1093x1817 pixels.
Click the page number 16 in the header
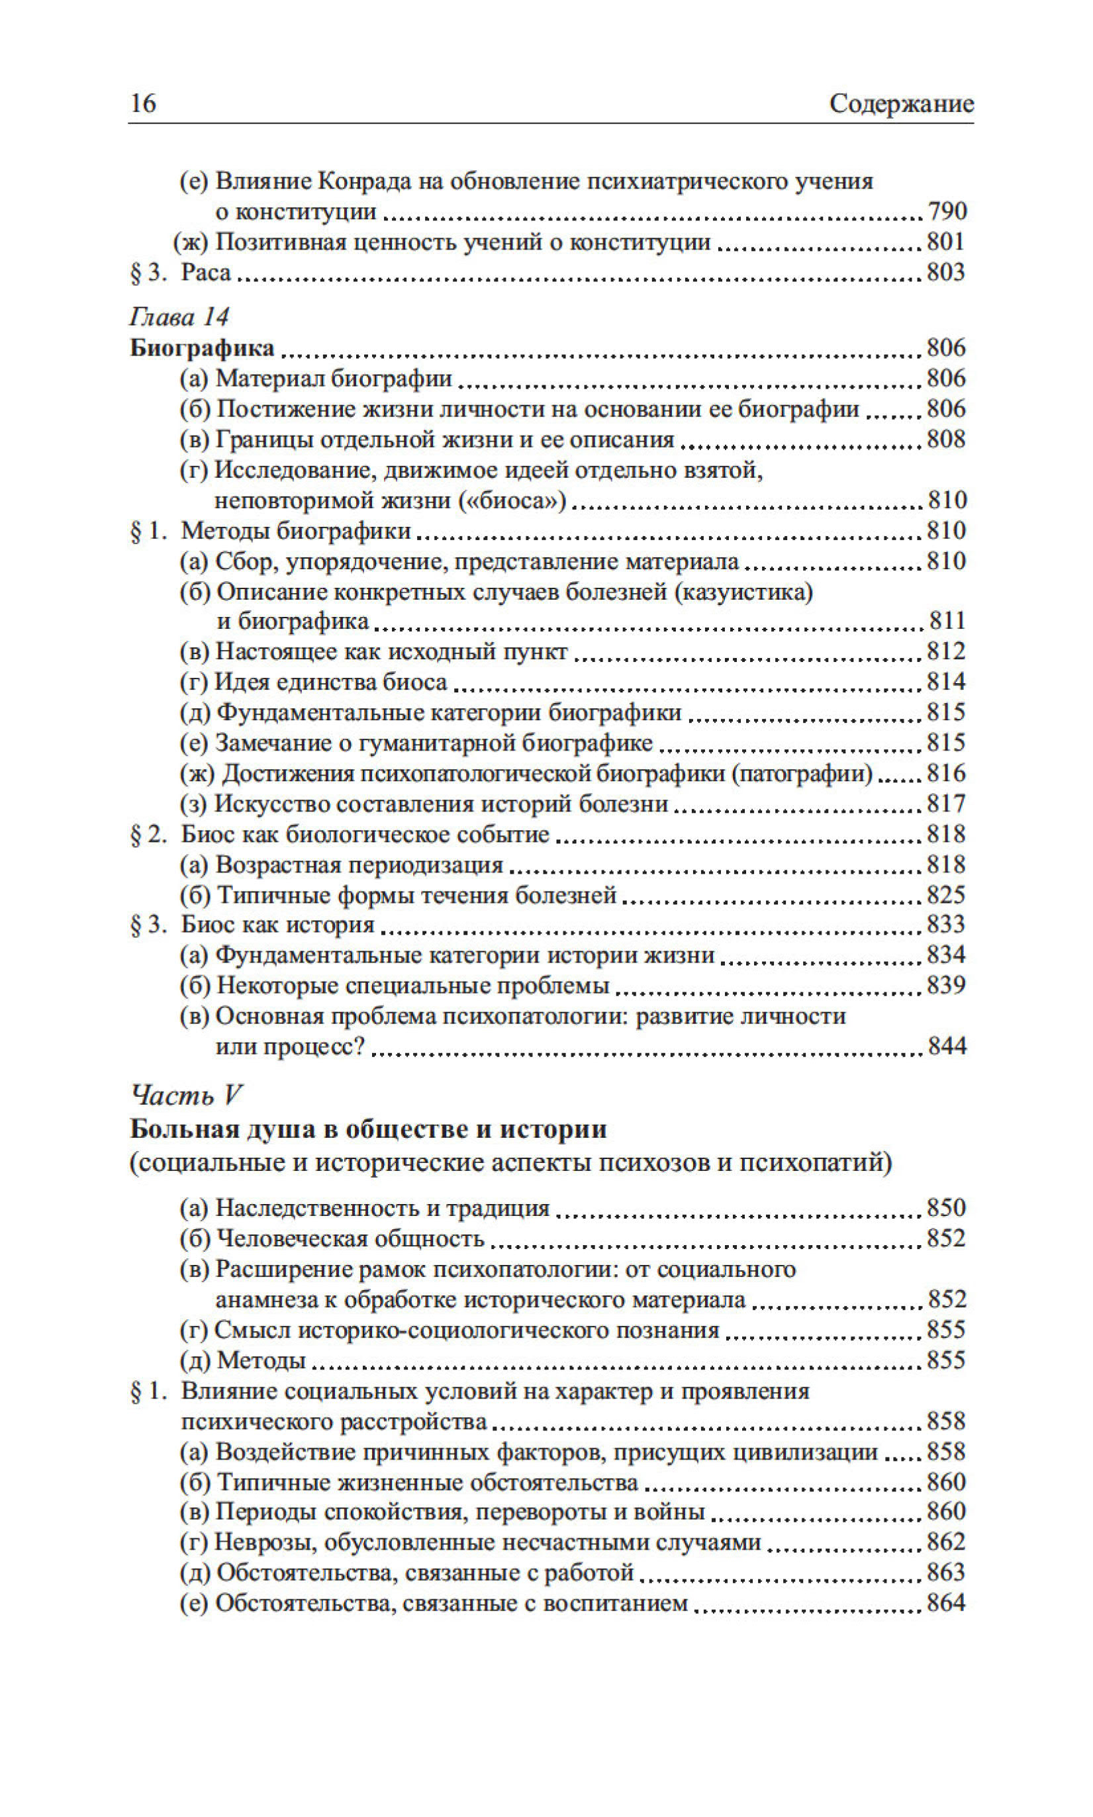point(143,103)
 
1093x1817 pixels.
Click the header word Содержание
point(901,104)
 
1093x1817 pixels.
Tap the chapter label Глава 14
point(179,316)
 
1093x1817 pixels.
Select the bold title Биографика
point(202,348)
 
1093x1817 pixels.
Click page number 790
point(947,212)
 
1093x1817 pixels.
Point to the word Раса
point(207,273)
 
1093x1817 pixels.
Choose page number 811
point(947,621)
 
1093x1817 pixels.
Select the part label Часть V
point(186,1095)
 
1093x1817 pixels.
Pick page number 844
point(947,1046)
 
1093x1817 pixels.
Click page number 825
point(947,894)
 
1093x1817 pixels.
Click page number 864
point(947,1603)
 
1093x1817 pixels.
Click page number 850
point(947,1208)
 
